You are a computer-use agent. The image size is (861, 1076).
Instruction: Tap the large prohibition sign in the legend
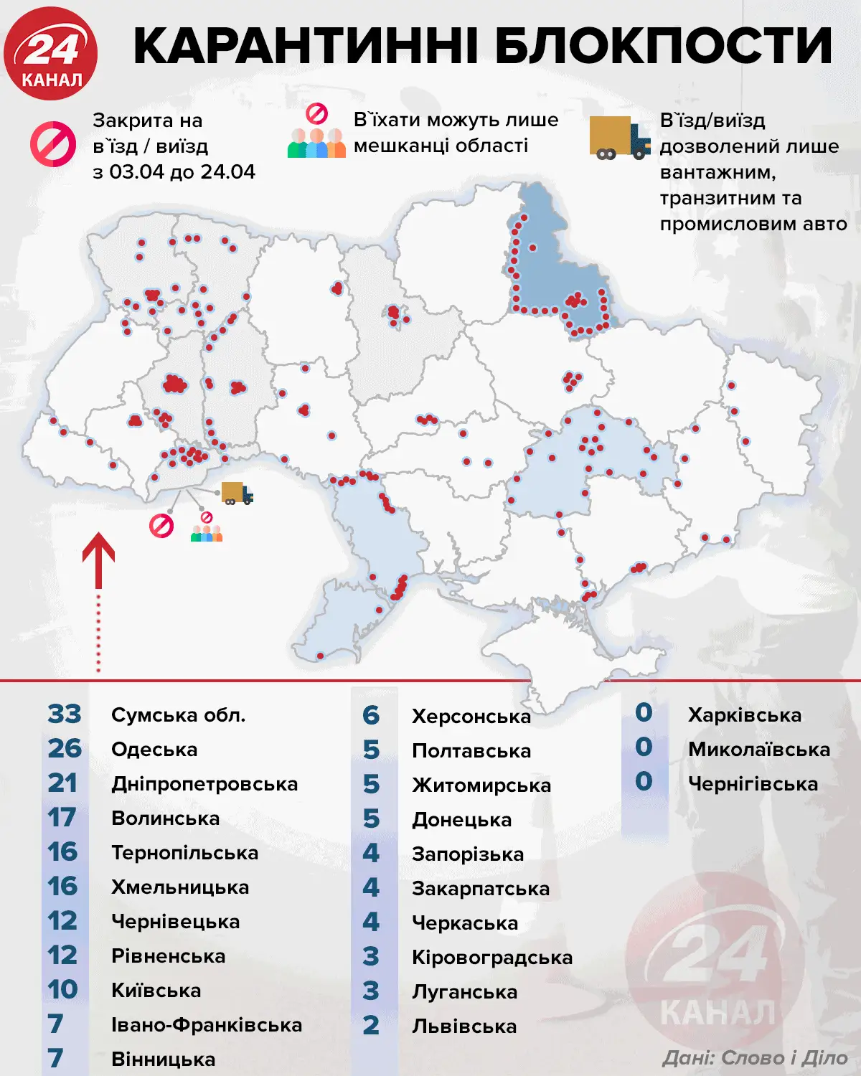(x=53, y=144)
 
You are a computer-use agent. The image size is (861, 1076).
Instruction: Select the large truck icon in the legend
(x=619, y=138)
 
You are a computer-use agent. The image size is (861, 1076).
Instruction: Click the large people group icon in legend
(x=316, y=143)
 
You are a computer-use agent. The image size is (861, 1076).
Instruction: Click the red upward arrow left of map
(x=99, y=560)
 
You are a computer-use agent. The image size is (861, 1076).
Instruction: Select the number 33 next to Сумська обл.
(x=65, y=714)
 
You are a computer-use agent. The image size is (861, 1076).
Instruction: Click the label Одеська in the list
(x=154, y=750)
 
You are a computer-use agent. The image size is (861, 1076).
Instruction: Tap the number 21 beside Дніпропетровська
(x=63, y=783)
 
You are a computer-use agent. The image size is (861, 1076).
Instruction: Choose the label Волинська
(x=165, y=818)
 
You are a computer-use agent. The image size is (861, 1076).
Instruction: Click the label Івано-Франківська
(x=207, y=1025)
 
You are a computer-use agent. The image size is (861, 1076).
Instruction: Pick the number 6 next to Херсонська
(x=370, y=715)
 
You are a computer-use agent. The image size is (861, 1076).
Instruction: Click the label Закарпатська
(x=481, y=889)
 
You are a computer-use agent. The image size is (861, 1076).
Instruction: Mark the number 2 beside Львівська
(x=370, y=1026)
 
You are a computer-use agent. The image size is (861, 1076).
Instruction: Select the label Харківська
(x=745, y=715)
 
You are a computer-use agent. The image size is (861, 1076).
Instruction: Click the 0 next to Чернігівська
(x=644, y=782)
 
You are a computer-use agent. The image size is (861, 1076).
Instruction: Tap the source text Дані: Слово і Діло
(x=755, y=1057)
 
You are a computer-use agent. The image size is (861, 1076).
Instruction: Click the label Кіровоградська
(x=492, y=958)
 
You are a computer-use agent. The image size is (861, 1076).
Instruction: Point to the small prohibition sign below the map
(x=161, y=526)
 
